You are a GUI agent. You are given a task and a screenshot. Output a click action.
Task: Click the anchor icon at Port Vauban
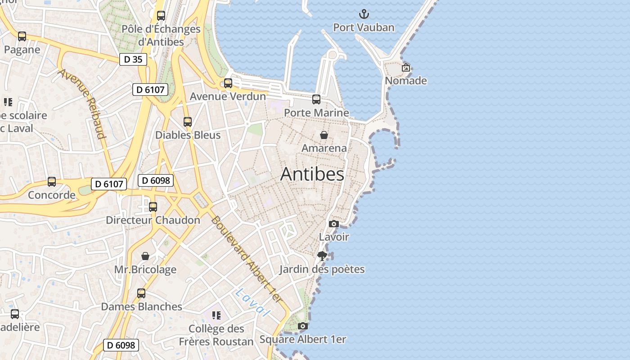(363, 14)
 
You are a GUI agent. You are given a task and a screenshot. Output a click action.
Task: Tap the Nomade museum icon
(406, 67)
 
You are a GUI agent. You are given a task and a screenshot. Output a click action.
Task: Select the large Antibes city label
(312, 175)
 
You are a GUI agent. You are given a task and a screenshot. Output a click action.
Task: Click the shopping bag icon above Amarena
(324, 135)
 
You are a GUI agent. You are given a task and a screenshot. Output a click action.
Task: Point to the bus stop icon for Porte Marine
(316, 99)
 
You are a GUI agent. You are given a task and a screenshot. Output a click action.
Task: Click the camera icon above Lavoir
(333, 224)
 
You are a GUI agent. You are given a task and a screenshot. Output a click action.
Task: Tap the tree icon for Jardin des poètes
(322, 256)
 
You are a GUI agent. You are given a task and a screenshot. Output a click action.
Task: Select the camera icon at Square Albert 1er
(303, 326)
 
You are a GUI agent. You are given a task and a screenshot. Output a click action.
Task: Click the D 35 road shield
(133, 59)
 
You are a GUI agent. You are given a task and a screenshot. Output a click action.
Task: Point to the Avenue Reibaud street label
(82, 103)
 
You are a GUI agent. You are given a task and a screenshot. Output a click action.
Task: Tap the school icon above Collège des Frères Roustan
(216, 315)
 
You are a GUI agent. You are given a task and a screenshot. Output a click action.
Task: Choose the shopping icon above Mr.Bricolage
(145, 256)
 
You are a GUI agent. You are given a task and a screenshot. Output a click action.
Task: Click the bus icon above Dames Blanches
(141, 293)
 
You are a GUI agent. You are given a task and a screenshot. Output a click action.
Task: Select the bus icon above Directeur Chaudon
(153, 207)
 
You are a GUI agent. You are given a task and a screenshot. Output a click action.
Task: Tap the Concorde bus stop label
(52, 195)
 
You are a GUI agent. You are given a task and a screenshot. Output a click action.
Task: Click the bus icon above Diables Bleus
(188, 121)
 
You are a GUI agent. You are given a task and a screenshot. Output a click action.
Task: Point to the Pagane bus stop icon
(22, 36)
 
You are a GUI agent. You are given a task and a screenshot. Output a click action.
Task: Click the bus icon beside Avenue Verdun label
(228, 83)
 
